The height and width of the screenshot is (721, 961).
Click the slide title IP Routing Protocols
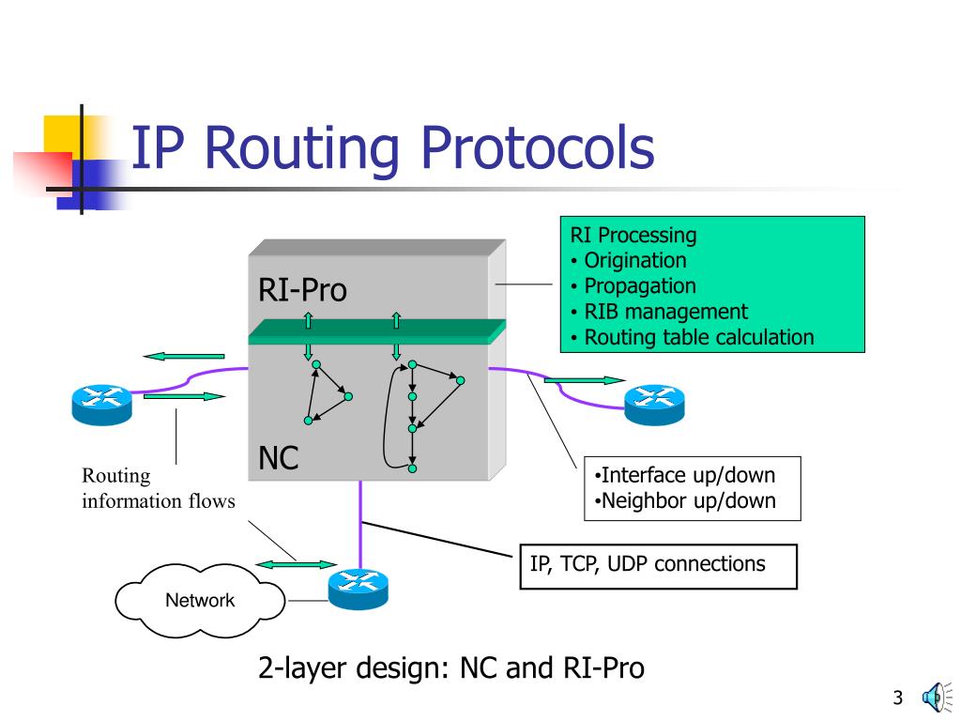tap(391, 148)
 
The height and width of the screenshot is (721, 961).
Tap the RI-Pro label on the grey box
tap(302, 291)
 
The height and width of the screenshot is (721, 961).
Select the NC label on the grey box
tap(278, 459)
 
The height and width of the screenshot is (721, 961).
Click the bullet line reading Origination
tap(634, 261)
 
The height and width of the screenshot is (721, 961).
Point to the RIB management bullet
tap(665, 312)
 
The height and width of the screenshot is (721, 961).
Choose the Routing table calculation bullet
tap(698, 337)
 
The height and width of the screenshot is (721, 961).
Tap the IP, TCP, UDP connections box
tap(657, 566)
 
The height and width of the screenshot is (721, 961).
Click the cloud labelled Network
tap(199, 601)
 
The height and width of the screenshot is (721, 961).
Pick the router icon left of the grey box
tap(101, 402)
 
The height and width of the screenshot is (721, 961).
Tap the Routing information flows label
tap(158, 489)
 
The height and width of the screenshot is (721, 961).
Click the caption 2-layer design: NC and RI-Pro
tap(451, 668)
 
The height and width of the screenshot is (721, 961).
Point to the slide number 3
tap(897, 698)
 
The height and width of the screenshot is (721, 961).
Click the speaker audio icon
tap(934, 697)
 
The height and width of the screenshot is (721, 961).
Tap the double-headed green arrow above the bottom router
tap(296, 564)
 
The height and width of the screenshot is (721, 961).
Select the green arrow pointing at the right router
tap(584, 380)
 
